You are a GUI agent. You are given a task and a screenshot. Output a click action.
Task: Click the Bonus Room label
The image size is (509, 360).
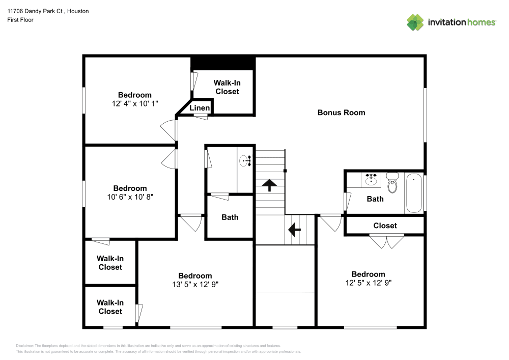click(341, 113)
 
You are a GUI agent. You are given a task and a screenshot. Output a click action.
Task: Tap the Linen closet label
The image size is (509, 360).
click(200, 108)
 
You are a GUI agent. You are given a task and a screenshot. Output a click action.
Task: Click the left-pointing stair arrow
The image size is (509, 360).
click(294, 230)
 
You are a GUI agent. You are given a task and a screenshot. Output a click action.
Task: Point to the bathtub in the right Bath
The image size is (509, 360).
click(414, 193)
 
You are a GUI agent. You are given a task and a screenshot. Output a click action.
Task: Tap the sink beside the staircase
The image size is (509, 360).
click(246, 161)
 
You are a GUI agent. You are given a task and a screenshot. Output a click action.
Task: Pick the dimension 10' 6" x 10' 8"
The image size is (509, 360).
click(130, 197)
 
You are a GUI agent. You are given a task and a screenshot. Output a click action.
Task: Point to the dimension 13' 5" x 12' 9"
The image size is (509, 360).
click(195, 284)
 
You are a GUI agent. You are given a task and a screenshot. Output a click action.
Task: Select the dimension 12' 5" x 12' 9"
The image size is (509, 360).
click(368, 283)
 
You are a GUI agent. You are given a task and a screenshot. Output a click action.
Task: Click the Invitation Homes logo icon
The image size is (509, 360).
click(415, 22)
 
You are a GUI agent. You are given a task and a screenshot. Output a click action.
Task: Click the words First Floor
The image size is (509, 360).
click(20, 20)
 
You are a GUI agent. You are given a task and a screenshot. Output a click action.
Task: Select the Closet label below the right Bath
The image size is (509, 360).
click(385, 226)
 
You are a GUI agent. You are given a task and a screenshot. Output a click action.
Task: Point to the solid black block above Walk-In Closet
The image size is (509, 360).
click(222, 63)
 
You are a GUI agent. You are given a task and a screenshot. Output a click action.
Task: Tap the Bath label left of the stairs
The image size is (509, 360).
click(230, 217)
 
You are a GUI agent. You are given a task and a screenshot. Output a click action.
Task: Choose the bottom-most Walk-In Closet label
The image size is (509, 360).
click(110, 307)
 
